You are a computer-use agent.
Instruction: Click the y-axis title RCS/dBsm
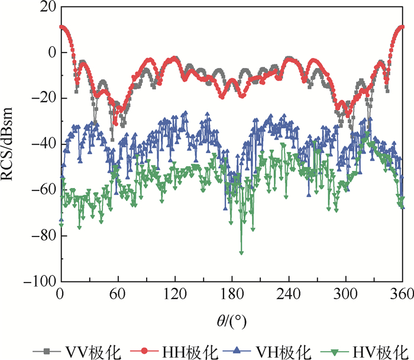13,144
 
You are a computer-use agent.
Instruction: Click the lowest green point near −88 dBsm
241,252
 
